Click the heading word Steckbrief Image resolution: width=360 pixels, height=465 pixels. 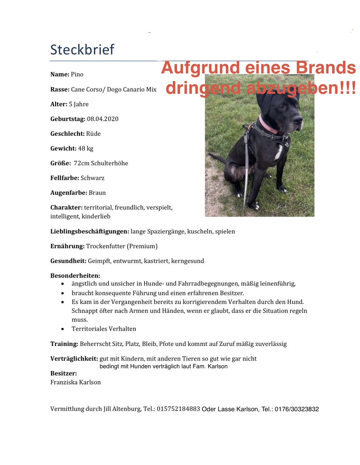tap(82, 50)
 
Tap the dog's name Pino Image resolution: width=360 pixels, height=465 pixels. tap(77, 74)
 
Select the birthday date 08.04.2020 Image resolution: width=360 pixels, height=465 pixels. tap(103, 119)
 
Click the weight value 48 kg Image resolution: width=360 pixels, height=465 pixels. tap(86, 149)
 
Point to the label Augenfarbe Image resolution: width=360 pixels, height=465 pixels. tap(69, 193)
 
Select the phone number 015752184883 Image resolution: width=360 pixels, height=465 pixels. tap(178, 409)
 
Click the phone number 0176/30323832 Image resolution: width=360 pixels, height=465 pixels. tap(297, 409)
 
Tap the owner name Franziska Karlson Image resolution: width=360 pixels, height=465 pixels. tap(75, 382)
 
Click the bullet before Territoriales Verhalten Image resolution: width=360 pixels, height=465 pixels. tap(63, 329)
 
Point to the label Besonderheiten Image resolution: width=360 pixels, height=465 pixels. tap(75, 276)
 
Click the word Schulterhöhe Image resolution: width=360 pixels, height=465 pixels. tap(110, 163)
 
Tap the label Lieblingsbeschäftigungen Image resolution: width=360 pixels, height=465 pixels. tap(90, 232)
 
